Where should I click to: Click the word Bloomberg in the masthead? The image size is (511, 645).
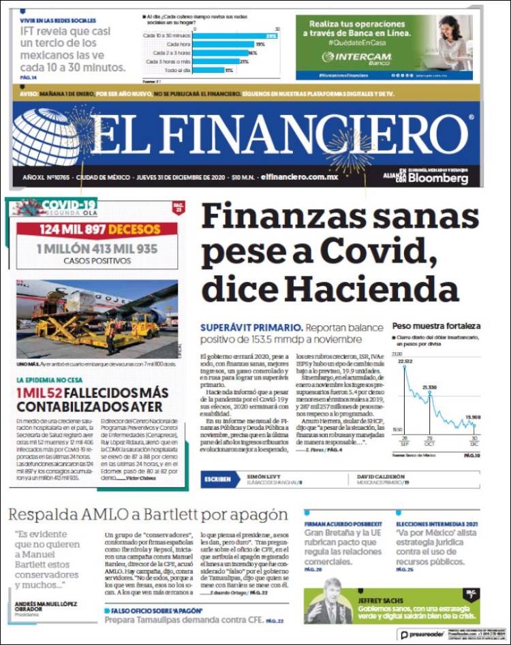coord(439,178)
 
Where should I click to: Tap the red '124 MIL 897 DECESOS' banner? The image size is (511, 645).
coord(97,229)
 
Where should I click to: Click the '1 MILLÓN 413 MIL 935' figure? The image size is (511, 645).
coord(97,249)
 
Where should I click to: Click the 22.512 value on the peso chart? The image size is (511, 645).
coord(405,360)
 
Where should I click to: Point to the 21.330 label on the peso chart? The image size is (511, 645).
coord(429,387)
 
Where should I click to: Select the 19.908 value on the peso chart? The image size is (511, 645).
coord(472,417)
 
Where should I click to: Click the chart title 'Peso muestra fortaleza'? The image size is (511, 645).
coord(436,326)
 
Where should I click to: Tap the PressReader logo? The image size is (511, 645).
coord(422,633)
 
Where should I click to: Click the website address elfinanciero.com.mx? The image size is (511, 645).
coord(299,177)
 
